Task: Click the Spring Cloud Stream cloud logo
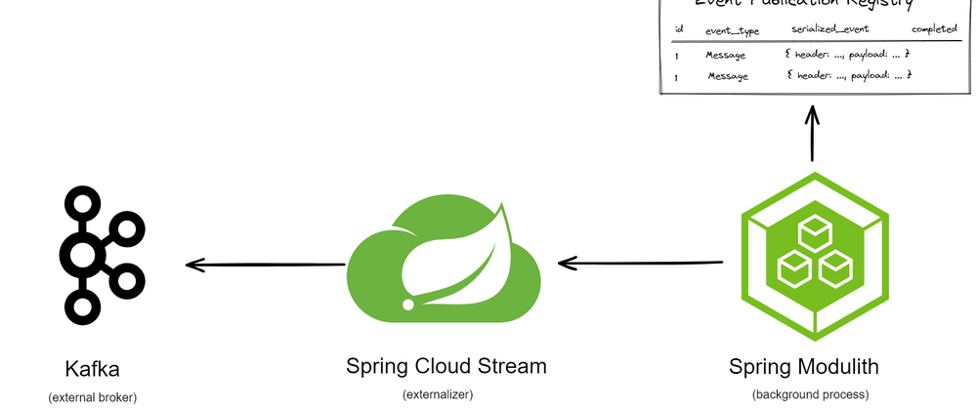445,259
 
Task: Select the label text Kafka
93,370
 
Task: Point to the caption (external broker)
93,397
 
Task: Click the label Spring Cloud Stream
446,367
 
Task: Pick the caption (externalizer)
438,394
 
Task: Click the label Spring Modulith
804,368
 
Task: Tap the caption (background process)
810,394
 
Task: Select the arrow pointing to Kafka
264,265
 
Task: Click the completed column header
933,29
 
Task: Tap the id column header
678,29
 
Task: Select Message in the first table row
726,55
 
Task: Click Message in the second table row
728,76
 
